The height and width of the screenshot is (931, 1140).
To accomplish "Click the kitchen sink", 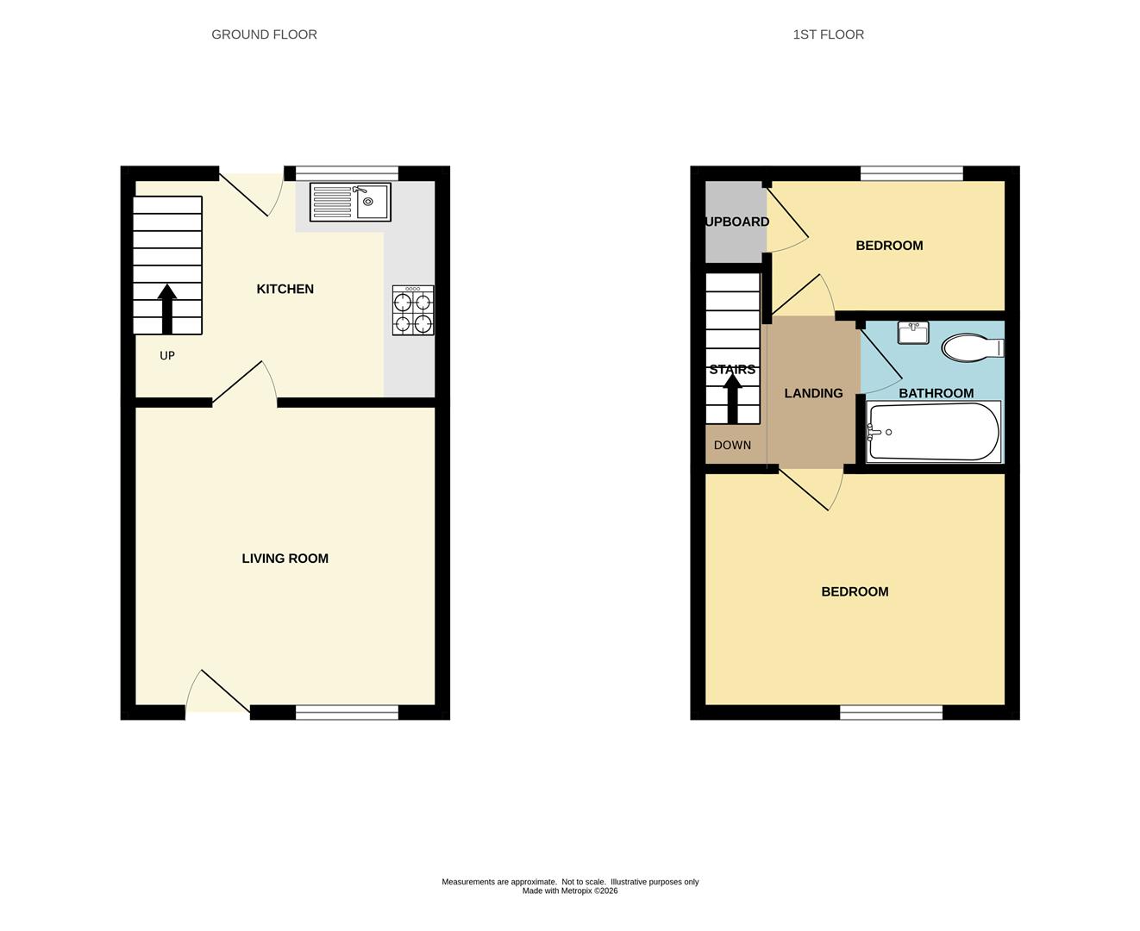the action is pos(350,202).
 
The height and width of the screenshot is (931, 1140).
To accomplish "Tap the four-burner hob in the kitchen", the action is pos(413,310).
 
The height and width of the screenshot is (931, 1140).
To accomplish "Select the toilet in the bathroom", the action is pos(973,347).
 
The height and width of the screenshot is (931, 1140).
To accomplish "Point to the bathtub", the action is pos(934,432).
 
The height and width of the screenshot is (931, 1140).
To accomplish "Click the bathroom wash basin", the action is pos(913,333).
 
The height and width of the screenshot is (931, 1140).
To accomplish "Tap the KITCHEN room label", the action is pos(285,289).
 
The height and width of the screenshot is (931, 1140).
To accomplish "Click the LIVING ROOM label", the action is pos(285,558).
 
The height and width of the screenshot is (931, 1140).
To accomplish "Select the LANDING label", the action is pos(813,393).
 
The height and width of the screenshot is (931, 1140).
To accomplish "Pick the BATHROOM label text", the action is pos(936,393).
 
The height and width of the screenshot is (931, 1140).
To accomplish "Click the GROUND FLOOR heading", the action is pos(265,34).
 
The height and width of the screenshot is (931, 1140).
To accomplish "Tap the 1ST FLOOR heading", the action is pos(828,34).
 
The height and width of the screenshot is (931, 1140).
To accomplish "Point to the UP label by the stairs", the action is pos(167,355).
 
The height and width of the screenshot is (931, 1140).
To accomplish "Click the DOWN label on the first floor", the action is pos(732,445).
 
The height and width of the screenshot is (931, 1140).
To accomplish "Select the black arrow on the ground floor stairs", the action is pos(167,309).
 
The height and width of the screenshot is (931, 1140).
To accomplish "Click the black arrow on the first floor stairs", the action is pos(732,398).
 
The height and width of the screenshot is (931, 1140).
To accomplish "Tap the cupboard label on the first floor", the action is pos(737,222).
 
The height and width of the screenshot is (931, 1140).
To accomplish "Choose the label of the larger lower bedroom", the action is pos(855,591).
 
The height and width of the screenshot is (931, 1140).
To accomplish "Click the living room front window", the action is pos(347,712).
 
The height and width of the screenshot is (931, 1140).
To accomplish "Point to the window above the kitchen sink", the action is pos(347,173).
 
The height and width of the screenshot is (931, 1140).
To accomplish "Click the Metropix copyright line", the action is pos(570,891).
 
